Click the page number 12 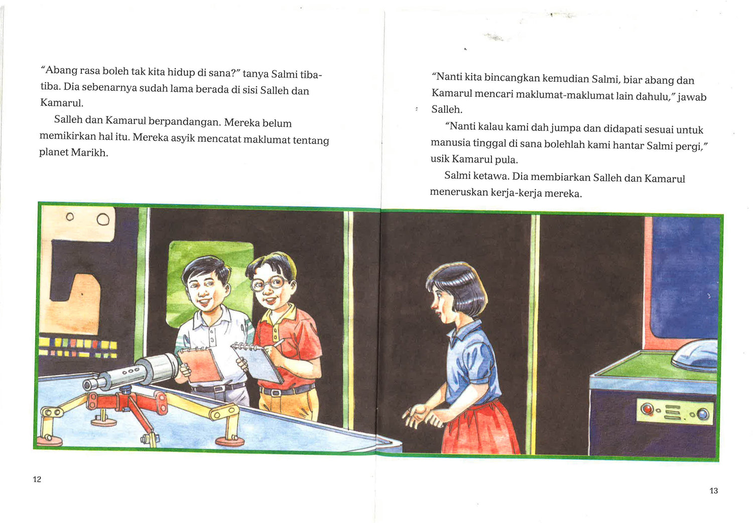(37, 479)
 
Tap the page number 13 (713, 491)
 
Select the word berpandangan (184, 122)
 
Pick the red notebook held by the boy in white (200, 365)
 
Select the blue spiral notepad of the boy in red (258, 362)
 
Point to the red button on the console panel (646, 409)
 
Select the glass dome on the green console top (695, 355)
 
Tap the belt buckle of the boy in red (276, 393)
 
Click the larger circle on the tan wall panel (103, 220)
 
